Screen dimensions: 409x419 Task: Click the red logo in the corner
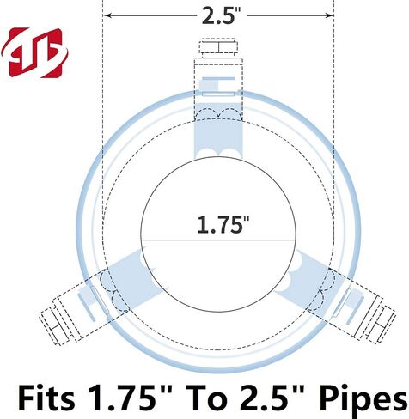35,52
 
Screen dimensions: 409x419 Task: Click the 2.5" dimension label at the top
218,15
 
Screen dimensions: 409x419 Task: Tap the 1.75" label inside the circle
223,224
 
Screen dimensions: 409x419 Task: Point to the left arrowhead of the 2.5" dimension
108,15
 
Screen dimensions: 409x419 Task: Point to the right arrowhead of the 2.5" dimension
329,15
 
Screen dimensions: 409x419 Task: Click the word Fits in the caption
46,398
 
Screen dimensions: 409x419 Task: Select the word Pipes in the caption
363,400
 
